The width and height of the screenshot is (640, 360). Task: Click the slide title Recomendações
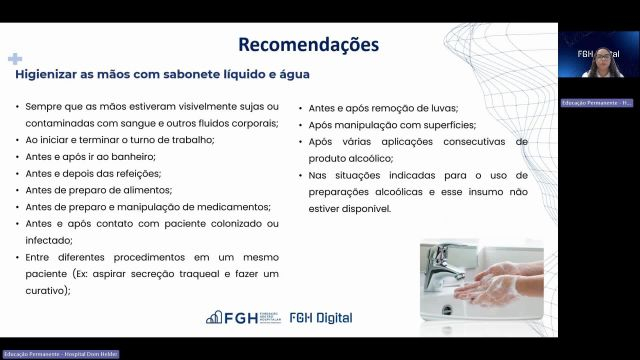[308, 45]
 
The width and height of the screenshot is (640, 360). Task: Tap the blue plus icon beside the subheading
[15, 59]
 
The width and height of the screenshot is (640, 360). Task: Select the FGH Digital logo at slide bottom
[320, 318]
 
